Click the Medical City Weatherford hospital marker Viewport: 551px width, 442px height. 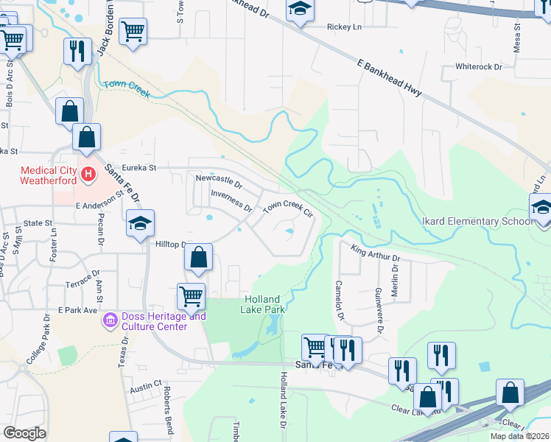coord(88,175)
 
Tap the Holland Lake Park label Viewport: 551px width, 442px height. coord(262,304)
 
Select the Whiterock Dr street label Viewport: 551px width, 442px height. coord(478,66)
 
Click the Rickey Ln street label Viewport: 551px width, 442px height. coord(345,27)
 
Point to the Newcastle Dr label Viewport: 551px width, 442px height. coord(219,179)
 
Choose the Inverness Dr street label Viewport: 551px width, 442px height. coord(231,198)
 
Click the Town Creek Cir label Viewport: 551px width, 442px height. coord(289,208)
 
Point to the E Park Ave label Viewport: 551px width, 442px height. coord(78,310)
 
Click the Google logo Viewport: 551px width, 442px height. coord(24,433)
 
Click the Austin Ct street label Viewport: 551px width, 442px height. coord(146,385)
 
